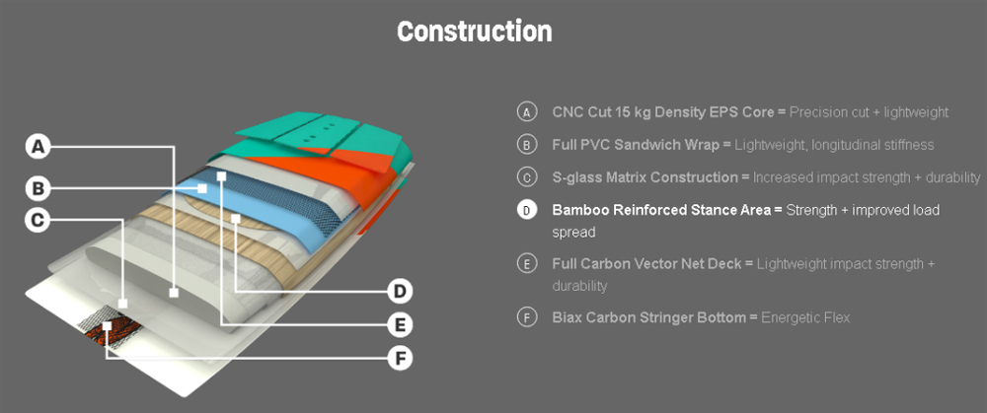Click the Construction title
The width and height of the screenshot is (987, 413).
coord(474,31)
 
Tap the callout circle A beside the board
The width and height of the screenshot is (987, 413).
coord(38,147)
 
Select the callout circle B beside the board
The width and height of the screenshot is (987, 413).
coord(38,187)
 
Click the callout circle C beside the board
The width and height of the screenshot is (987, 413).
coord(38,220)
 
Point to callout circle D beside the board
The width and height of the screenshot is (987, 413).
coord(399,291)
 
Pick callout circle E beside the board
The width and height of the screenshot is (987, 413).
coord(399,324)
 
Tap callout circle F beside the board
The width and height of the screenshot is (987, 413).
coord(399,357)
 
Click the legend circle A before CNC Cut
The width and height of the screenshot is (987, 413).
coord(527,112)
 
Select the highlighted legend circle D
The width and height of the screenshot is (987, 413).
coord(527,210)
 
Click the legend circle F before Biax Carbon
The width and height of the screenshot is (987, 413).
coord(527,317)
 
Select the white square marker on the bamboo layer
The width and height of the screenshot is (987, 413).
coord(236,218)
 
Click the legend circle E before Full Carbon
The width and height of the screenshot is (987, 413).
coord(527,264)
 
